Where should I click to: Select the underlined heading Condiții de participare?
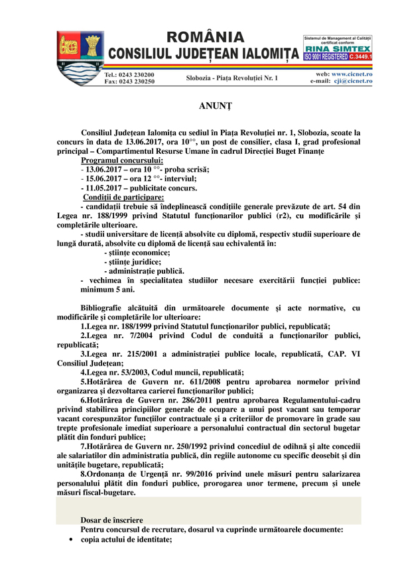coord(123,198)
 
